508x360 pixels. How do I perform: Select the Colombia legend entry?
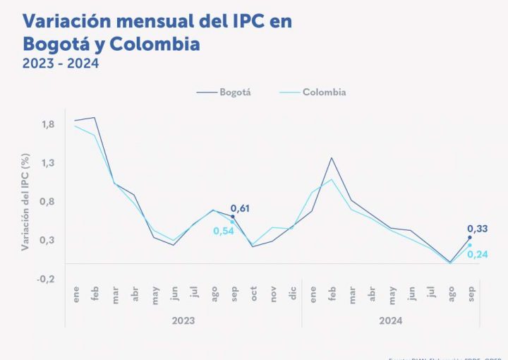point(324,92)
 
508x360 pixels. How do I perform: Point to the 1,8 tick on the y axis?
point(48,125)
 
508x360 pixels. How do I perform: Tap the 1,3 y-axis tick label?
point(48,163)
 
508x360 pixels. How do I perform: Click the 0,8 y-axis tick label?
point(48,202)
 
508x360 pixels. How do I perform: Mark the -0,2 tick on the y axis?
point(47,279)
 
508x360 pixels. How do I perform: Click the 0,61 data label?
point(241,208)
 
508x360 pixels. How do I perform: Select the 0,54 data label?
point(223,231)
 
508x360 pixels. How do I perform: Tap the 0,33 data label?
point(478,229)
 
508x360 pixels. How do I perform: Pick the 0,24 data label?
point(478,254)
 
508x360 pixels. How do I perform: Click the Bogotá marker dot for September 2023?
point(233,217)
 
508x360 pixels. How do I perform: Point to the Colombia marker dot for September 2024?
point(470,245)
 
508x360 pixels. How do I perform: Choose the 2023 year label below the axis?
point(183,320)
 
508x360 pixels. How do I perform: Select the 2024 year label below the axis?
point(390,320)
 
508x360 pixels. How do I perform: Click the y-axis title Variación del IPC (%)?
point(25,203)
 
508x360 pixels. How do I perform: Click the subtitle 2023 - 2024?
point(61,64)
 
